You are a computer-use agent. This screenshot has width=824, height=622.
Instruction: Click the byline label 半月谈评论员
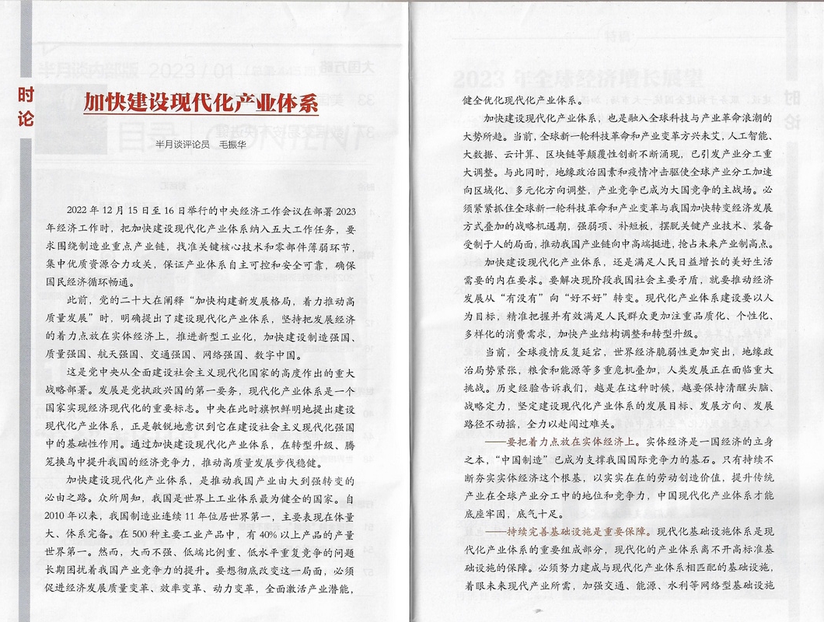[x=182, y=144]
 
